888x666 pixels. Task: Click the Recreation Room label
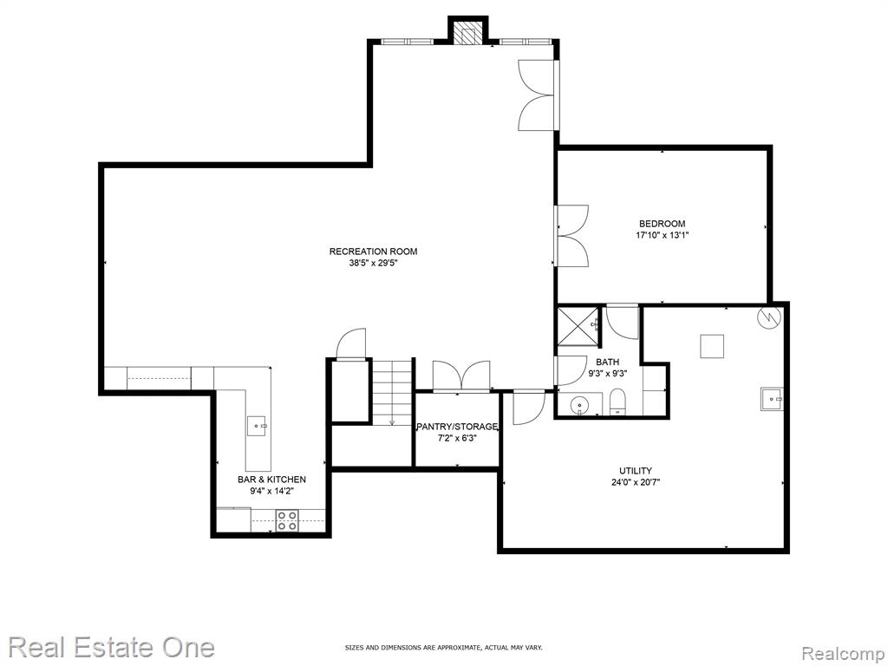[373, 251]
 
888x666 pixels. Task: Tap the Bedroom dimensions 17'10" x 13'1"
[662, 235]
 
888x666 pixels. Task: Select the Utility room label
[636, 471]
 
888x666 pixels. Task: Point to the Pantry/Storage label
[457, 427]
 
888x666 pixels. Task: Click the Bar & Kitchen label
[271, 480]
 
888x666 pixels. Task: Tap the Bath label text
[607, 362]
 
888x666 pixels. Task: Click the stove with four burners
[287, 520]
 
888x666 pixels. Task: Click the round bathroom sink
[579, 406]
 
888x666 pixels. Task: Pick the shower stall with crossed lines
[578, 325]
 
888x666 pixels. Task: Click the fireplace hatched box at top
[467, 35]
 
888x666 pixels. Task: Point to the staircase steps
[391, 391]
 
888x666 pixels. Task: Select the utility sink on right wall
[772, 399]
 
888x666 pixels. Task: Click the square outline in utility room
[712, 346]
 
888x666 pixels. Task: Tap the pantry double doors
[461, 375]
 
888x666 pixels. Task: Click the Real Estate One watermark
[112, 647]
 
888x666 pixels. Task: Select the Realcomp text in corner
[842, 654]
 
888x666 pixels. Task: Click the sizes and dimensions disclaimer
[443, 647]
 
